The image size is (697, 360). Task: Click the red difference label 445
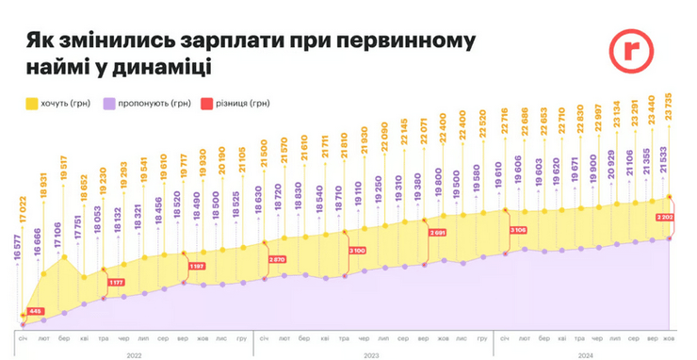35,311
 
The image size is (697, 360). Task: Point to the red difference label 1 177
117,282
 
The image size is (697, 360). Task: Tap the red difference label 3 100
356,250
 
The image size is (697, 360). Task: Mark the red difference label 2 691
438,232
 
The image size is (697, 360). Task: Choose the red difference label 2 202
665,217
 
